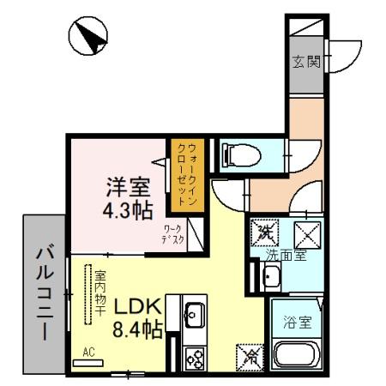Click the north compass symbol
click(x=88, y=37)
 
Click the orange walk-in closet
click(x=188, y=174)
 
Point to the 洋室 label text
click(x=126, y=185)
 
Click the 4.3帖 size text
click(x=126, y=208)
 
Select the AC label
click(x=88, y=352)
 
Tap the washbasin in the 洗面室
click(x=271, y=276)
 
